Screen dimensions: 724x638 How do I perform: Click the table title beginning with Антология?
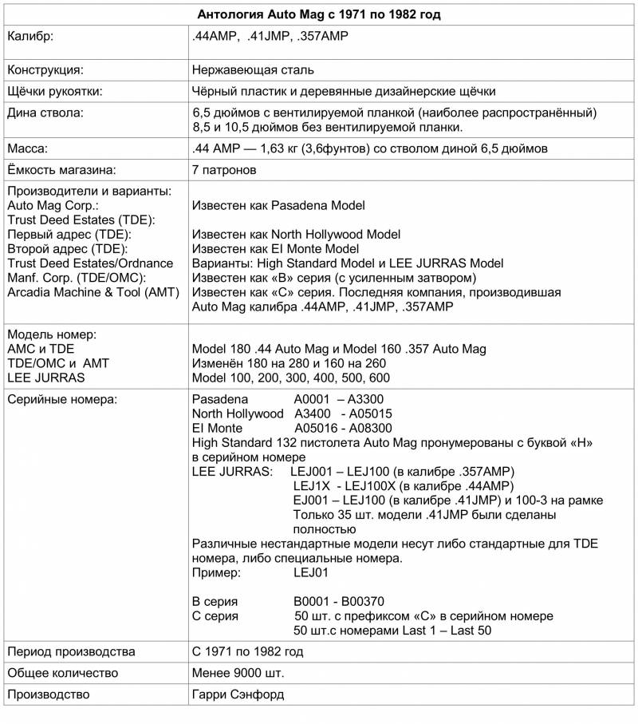tap(319, 14)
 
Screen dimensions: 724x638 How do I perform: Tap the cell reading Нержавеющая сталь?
tap(253, 69)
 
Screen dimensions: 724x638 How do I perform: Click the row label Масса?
tap(28, 148)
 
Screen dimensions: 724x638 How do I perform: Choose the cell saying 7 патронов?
tap(224, 170)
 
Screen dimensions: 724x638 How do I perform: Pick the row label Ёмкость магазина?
tap(61, 170)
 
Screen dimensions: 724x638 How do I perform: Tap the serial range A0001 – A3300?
tap(341, 399)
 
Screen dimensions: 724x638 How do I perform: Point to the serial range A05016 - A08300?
tap(342, 428)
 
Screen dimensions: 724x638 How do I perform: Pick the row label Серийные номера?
tap(62, 399)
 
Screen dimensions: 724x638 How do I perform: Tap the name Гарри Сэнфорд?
tap(238, 694)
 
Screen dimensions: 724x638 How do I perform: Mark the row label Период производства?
tap(70, 651)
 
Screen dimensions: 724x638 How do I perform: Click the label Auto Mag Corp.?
tap(52, 205)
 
